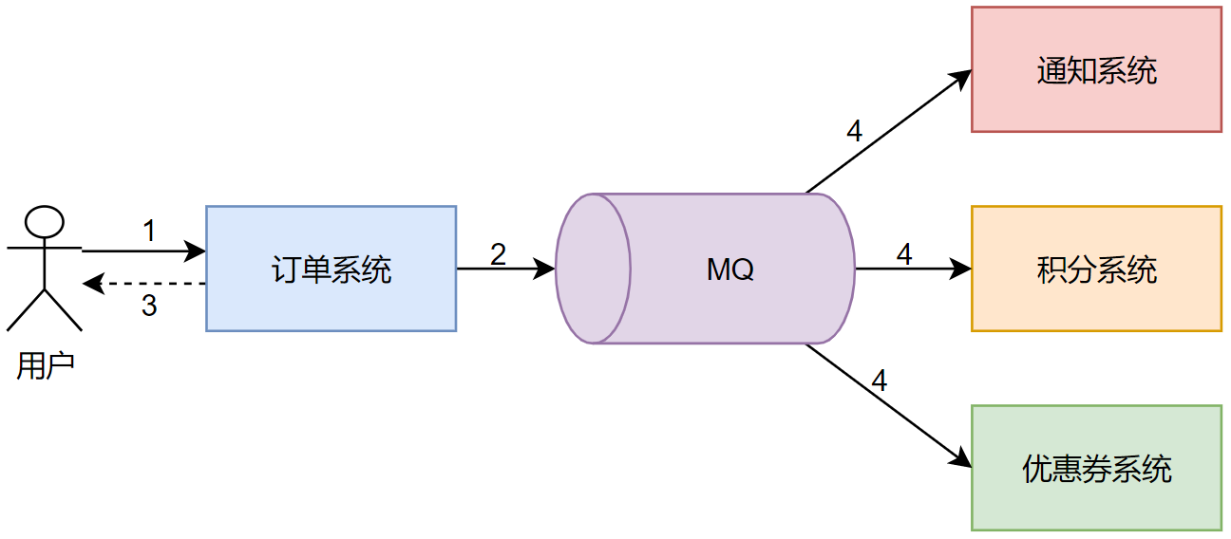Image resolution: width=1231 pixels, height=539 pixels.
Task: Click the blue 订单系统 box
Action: [x=331, y=269]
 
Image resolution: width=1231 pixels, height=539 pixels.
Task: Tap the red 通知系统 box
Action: [x=1096, y=69]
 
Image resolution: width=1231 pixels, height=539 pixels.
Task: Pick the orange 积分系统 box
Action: [x=1096, y=269]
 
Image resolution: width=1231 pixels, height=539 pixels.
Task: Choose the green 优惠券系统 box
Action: [x=1096, y=468]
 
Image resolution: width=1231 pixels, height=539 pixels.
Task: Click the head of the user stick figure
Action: [x=45, y=222]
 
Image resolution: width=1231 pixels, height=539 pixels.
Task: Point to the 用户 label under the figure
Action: [x=45, y=365]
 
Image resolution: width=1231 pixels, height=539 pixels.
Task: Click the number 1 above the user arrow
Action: [x=149, y=231]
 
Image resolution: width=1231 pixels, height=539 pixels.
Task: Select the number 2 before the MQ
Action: [x=498, y=253]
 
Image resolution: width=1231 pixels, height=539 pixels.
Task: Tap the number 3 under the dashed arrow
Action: [x=149, y=307]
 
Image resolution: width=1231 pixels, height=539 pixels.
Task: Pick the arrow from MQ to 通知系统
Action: [x=888, y=131]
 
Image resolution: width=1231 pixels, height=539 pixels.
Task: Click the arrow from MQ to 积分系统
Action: [x=913, y=269]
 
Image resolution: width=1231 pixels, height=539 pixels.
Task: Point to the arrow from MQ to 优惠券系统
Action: [x=888, y=405]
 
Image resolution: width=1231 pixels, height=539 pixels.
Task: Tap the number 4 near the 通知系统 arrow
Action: [x=854, y=131]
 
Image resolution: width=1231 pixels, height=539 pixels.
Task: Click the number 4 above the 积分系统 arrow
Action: [x=903, y=253]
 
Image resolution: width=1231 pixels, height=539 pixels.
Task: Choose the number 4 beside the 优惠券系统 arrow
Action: [x=879, y=381]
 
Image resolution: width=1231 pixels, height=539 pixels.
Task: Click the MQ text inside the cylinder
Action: [x=730, y=269]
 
